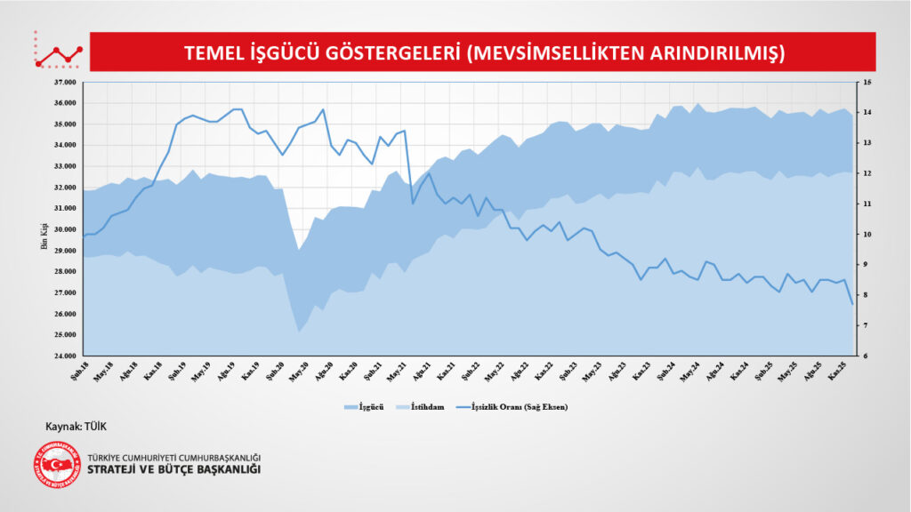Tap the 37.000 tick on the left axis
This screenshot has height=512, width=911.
click(x=65, y=82)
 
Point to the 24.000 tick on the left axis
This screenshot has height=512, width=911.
click(x=65, y=356)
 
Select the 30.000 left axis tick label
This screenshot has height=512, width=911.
click(x=65, y=229)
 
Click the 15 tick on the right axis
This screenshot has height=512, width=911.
click(x=867, y=82)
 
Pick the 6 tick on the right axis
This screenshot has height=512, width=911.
click(x=865, y=356)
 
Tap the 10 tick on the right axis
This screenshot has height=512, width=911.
click(x=867, y=235)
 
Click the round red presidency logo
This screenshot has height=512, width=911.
click(x=57, y=464)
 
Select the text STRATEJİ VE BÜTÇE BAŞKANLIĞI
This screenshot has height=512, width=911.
click(x=174, y=469)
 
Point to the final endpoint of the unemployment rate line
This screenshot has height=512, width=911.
click(x=852, y=304)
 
